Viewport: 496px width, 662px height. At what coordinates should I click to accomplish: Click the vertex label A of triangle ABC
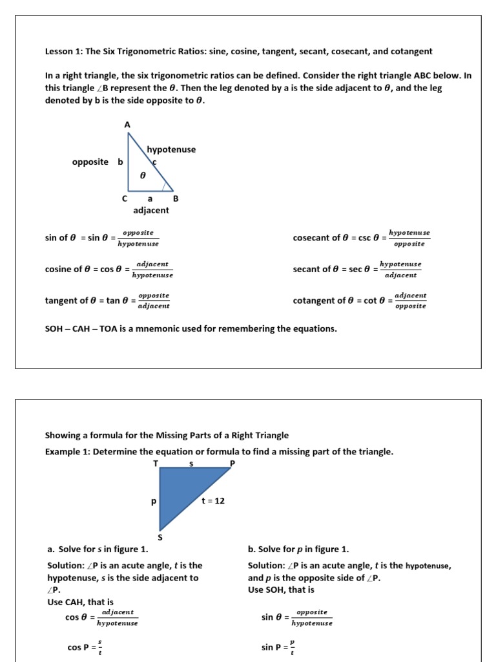pos(127,124)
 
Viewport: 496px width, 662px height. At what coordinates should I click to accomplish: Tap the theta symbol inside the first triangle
pos(143,175)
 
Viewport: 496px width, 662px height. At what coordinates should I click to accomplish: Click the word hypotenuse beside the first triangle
pos(171,149)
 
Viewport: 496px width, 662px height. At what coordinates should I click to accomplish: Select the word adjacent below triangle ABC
pos(151,210)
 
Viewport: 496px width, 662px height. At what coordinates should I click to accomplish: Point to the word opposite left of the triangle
pos(90,162)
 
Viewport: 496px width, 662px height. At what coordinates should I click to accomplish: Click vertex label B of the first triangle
pos(175,199)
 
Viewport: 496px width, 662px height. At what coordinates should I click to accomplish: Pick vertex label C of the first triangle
pos(125,199)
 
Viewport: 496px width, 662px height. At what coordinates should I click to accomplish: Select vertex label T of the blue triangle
pos(155,464)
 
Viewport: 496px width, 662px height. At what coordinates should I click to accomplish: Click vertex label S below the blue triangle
pos(160,537)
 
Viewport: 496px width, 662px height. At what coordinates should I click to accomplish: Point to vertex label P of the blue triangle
pos(232,464)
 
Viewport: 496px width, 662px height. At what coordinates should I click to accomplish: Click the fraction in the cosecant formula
pos(409,238)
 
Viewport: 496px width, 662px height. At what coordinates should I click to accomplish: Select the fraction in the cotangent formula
pos(410,301)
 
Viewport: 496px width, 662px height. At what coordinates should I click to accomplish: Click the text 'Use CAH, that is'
pos(81,602)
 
